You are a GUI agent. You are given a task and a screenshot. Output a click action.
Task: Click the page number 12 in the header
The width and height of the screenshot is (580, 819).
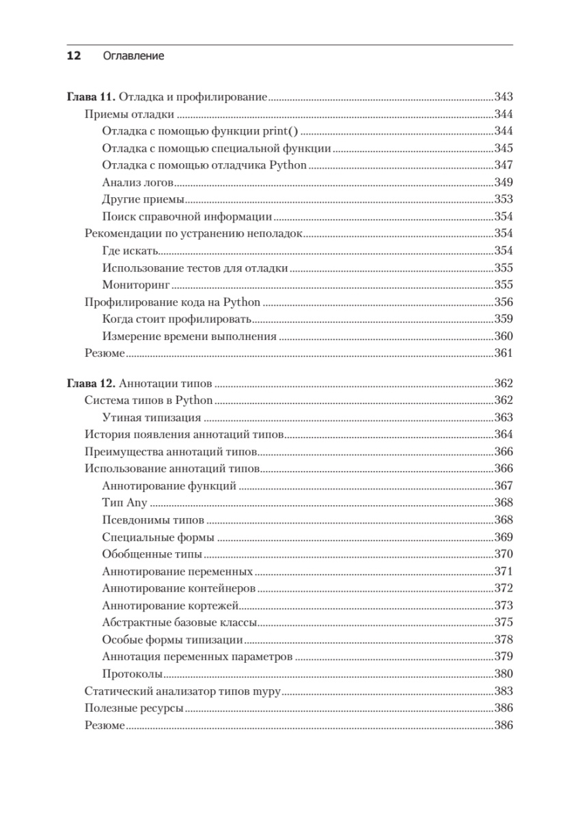73,56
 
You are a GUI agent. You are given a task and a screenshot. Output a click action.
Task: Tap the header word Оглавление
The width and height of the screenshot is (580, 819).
133,56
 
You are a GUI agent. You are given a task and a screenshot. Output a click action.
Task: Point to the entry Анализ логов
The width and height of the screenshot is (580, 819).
137,183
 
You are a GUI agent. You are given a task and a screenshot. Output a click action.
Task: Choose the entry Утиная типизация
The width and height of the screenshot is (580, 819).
151,417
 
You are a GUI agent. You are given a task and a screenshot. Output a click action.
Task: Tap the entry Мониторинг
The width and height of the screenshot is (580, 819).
135,285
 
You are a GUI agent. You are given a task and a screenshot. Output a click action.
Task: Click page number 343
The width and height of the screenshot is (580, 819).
503,97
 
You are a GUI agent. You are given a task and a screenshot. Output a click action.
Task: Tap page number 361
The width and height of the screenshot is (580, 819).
503,353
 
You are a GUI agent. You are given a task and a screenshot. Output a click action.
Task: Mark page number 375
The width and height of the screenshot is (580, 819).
503,622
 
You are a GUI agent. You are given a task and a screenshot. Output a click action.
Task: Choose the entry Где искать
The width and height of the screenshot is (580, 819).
130,250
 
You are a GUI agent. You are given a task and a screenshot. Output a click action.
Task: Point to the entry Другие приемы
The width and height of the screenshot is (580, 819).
143,200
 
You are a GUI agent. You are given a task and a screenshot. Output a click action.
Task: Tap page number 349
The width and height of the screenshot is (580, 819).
503,183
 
